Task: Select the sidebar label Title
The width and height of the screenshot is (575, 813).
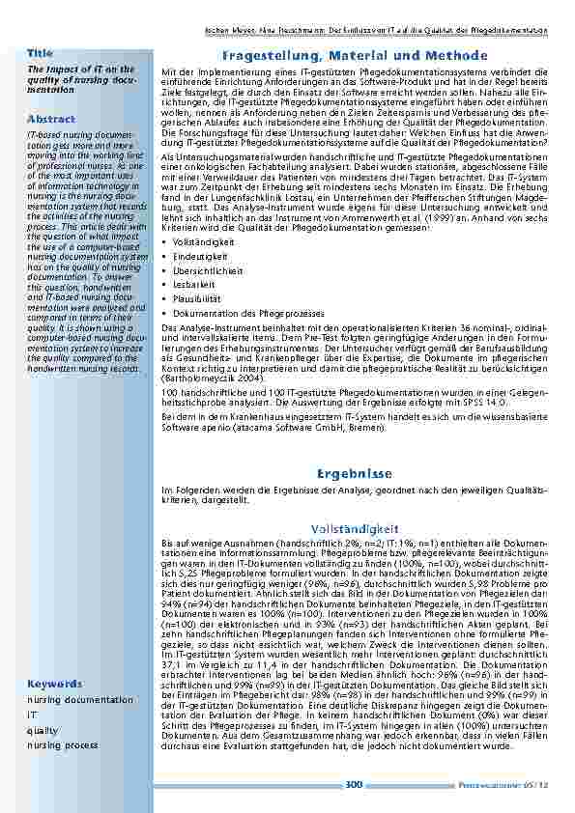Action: pos(41,52)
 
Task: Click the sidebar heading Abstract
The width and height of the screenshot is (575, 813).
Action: pos(51,118)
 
